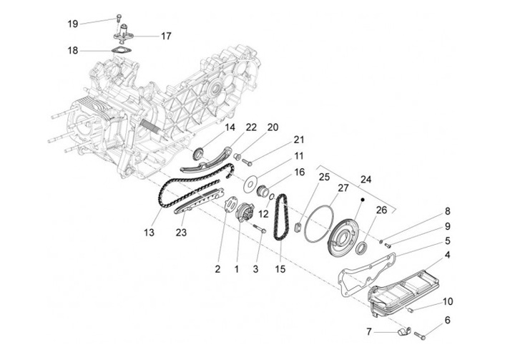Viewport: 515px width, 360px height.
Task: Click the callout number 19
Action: [72, 24]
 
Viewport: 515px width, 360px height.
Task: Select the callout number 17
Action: [165, 35]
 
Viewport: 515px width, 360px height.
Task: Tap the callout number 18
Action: [72, 50]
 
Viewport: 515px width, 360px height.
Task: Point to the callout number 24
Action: [366, 180]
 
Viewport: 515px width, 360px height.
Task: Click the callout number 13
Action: [149, 233]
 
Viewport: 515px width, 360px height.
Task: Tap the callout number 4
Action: [447, 254]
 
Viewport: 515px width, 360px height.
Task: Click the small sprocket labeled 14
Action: [200, 152]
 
